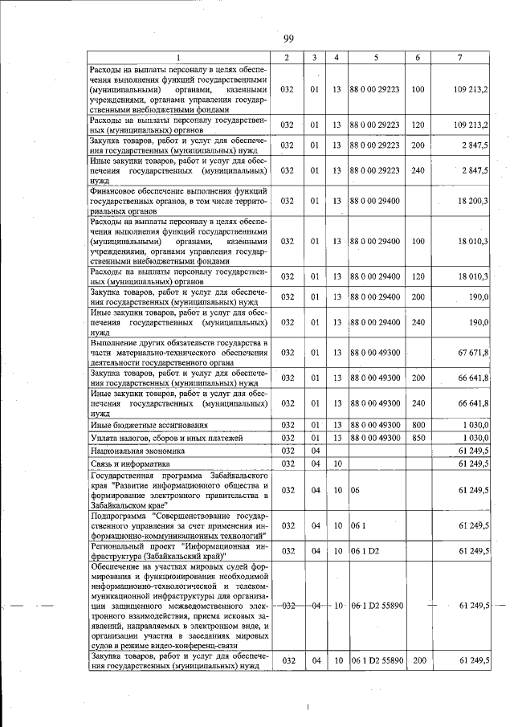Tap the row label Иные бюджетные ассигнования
point(133,424)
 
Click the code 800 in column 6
point(418,424)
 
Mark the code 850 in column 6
point(418,438)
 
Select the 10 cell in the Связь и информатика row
point(337,464)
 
